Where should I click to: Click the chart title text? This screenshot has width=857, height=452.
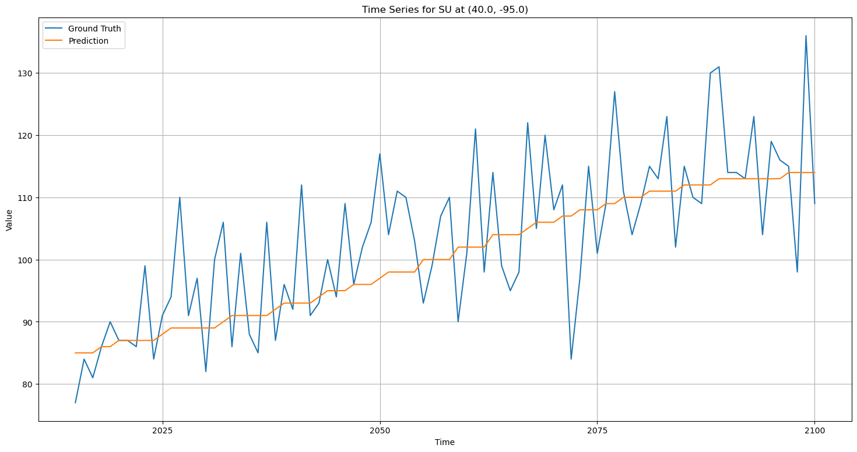pos(445,9)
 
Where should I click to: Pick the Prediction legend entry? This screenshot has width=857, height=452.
pos(88,41)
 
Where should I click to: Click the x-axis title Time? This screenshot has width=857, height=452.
pos(445,442)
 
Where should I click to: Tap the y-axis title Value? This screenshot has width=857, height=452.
pos(9,220)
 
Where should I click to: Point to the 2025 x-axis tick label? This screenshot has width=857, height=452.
pos(163,430)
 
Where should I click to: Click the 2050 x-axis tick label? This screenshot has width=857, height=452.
pos(380,430)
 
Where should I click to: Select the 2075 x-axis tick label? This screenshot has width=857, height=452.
pos(597,430)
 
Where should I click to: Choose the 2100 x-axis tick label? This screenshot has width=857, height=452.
pos(814,430)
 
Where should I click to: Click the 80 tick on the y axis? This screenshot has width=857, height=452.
pos(29,384)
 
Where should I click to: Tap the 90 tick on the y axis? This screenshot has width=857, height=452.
pos(29,322)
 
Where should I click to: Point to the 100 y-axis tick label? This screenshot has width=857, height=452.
pos(27,260)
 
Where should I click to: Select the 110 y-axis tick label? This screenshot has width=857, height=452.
pos(27,198)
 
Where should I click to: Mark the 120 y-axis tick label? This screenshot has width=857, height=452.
pos(27,136)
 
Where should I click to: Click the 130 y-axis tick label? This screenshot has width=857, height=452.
pos(27,73)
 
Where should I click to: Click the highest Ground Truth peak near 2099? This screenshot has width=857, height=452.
pos(806,36)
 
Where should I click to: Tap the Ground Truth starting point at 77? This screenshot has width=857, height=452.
pos(75,402)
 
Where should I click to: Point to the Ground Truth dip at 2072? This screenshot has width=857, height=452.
pos(571,359)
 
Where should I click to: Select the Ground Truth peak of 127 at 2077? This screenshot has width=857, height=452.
pos(614,92)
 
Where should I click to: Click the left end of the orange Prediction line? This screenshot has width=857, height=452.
pos(75,353)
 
